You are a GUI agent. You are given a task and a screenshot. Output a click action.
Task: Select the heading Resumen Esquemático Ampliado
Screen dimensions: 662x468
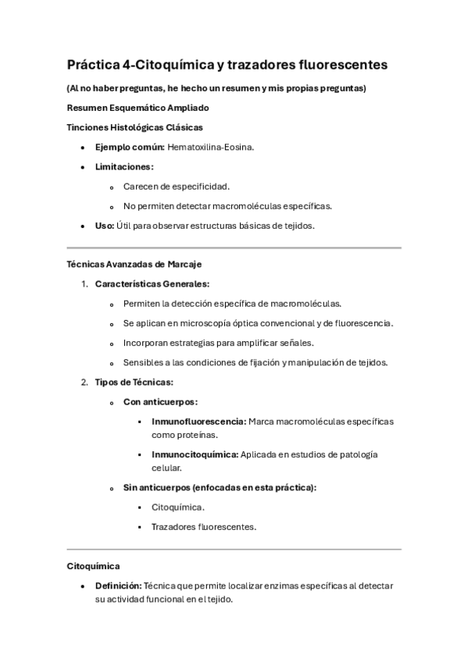click(138, 108)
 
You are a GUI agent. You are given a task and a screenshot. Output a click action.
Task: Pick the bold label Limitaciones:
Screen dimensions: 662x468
click(124, 166)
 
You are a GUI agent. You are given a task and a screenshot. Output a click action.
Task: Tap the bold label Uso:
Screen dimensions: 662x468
click(104, 226)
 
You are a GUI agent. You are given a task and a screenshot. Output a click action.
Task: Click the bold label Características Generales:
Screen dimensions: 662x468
click(152, 284)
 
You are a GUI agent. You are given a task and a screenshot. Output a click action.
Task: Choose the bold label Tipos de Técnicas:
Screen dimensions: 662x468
click(134, 382)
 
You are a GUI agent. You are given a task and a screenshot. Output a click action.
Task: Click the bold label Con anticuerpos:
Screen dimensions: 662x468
click(160, 401)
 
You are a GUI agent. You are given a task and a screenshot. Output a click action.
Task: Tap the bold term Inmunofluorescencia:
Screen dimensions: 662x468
click(198, 422)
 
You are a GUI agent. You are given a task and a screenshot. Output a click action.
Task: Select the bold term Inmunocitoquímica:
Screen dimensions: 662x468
click(195, 454)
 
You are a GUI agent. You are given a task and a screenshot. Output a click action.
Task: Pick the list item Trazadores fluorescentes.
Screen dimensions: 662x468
click(204, 527)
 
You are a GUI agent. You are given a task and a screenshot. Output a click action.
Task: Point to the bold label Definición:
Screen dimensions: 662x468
click(119, 585)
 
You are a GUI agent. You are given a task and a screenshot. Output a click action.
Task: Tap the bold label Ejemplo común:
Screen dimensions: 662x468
click(130, 147)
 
